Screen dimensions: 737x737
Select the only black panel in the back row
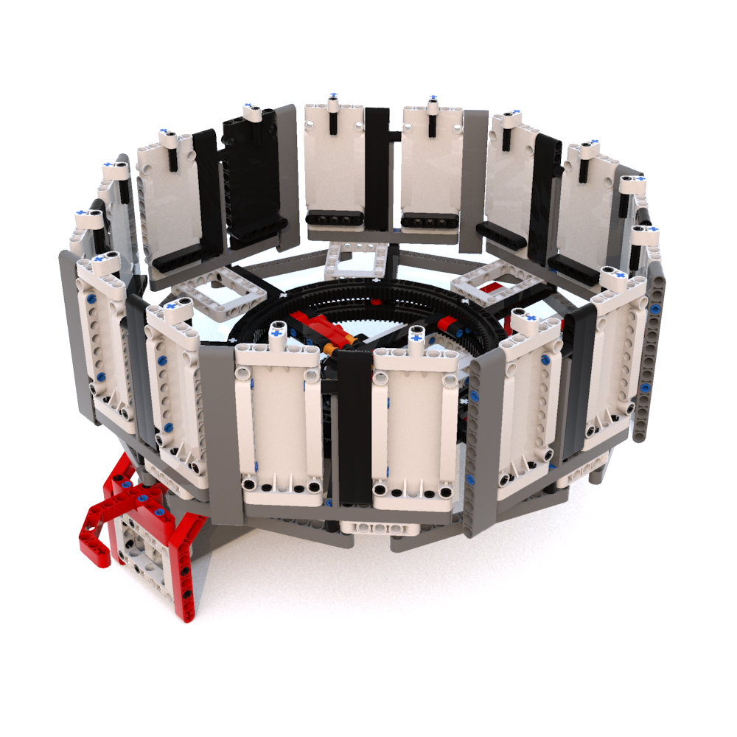253,177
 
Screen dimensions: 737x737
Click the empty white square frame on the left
220,294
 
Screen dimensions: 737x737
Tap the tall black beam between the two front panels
355,427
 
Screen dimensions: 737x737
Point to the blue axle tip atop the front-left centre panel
278,332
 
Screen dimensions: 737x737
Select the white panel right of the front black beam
417,427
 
